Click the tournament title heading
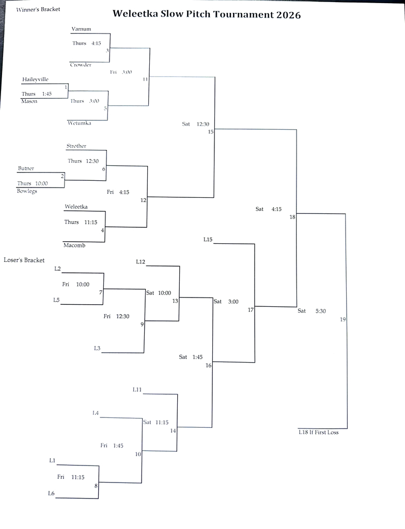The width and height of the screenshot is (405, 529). point(206,14)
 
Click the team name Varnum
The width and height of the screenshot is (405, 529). point(81,29)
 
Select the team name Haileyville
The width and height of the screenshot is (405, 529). point(36,80)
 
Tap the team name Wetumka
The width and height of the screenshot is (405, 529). point(79,123)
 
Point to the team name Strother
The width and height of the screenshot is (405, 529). point(76,146)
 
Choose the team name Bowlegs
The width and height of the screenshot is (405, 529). point(27,191)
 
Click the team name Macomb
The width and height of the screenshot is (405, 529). point(74,245)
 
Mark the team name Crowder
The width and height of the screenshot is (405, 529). point(81,65)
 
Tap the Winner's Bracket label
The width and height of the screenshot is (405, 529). point(38,9)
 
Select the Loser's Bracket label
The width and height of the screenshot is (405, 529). point(24,260)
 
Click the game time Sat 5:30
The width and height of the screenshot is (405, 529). point(311,311)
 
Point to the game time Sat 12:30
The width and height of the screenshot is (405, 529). point(195,124)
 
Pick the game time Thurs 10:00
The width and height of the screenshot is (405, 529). point(32,183)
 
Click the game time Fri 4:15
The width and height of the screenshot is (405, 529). point(118,192)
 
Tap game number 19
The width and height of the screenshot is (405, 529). point(343,320)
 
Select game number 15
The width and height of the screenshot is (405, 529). point(211,132)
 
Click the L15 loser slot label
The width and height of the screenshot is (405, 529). point(208,240)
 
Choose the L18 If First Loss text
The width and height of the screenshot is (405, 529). point(318,432)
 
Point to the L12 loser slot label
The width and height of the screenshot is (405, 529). point(141,262)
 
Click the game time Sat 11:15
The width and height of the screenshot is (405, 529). point(155,422)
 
